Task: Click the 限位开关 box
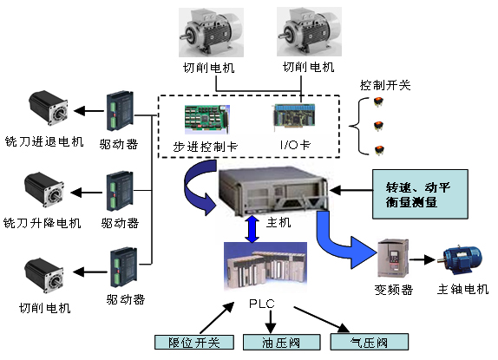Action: (x=194, y=343)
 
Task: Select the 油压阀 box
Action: (x=281, y=343)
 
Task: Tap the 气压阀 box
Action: (x=370, y=342)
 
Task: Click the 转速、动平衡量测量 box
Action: (x=420, y=194)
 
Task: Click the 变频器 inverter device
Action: (x=393, y=259)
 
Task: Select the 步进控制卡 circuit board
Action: (x=206, y=120)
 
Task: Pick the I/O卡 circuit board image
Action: (x=294, y=116)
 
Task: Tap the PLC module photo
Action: (x=265, y=267)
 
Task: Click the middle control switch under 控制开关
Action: (x=378, y=126)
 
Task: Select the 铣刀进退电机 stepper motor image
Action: (x=49, y=108)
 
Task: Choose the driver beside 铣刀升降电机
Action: (x=120, y=191)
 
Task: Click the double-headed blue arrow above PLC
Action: (x=252, y=229)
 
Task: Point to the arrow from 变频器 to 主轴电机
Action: (x=423, y=259)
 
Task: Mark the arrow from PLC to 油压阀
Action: (x=271, y=321)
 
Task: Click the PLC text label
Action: (x=262, y=304)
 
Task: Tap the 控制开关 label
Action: (x=385, y=85)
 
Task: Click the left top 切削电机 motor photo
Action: (x=211, y=32)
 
